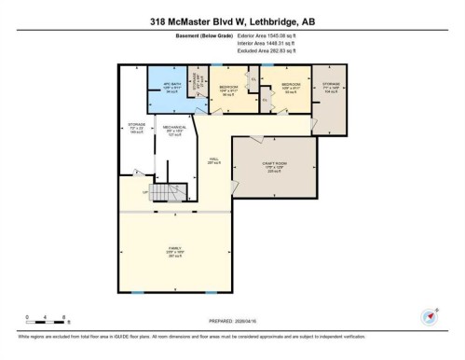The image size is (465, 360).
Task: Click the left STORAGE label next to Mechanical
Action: (136, 127)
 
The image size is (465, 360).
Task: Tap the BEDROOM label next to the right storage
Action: (282, 90)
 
